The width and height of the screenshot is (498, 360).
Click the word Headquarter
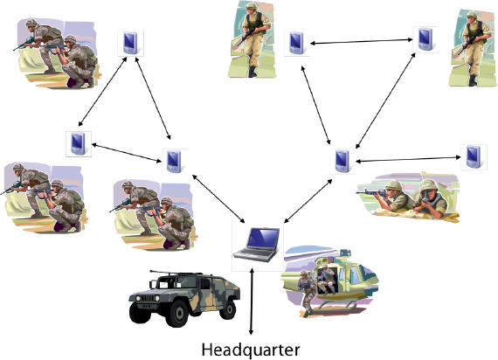click(251, 350)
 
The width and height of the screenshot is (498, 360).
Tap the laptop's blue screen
click(263, 238)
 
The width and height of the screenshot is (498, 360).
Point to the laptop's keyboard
click(255, 254)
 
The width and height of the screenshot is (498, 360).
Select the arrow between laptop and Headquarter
click(252, 301)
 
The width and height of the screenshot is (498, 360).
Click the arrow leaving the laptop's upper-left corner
click(218, 198)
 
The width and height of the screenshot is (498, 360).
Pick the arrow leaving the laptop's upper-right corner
click(308, 201)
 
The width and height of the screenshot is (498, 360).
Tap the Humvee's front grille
click(148, 298)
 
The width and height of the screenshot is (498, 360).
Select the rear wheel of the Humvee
click(228, 309)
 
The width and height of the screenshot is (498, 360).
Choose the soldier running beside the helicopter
click(307, 292)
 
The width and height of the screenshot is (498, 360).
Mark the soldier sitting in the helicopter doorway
click(326, 279)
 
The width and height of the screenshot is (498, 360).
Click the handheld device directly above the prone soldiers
click(474, 157)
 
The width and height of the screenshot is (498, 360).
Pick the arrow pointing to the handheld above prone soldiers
click(408, 159)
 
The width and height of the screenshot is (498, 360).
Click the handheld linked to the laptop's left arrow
click(175, 161)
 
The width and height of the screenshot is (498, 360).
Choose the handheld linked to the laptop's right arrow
click(342, 161)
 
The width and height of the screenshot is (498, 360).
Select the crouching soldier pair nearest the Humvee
click(153, 215)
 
